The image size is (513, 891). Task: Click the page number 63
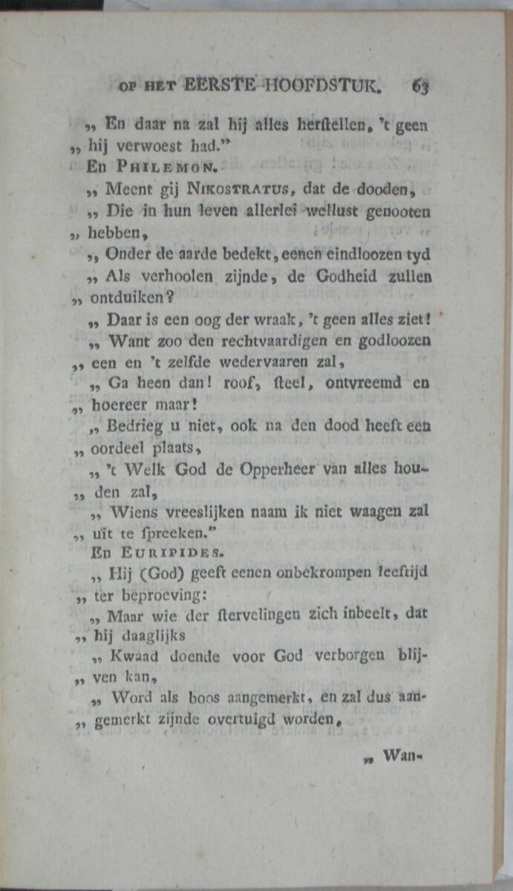point(420,86)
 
